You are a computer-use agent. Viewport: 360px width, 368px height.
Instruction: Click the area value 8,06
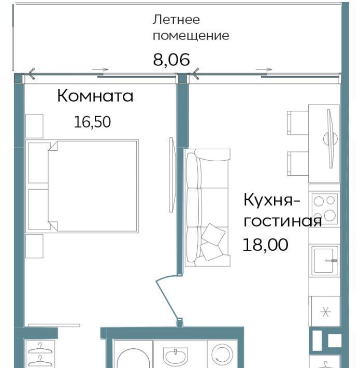171,60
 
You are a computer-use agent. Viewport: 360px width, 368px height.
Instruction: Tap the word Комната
95,96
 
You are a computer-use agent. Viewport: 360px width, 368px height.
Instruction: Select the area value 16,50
92,122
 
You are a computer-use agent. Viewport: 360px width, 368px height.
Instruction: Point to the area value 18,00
265,245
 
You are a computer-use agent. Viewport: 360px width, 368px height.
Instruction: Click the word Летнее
176,20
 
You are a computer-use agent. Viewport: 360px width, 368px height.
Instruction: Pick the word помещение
191,36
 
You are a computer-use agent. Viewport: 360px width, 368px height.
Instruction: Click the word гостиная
283,221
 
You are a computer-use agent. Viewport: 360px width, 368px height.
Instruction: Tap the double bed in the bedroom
82,187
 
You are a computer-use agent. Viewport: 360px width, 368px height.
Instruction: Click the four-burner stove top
325,208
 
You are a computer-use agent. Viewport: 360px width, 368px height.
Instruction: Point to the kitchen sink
325,261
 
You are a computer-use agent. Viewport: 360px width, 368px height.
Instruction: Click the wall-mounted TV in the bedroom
172,175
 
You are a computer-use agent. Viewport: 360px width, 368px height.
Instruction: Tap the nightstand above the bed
34,126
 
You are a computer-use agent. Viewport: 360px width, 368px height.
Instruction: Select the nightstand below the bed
34,246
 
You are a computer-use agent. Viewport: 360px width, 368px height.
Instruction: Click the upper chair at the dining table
298,123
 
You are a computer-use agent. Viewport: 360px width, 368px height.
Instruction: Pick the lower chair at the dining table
298,164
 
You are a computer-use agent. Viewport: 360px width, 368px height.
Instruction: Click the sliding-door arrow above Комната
100,69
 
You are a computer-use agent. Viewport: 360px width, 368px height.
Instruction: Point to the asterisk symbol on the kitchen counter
325,312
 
